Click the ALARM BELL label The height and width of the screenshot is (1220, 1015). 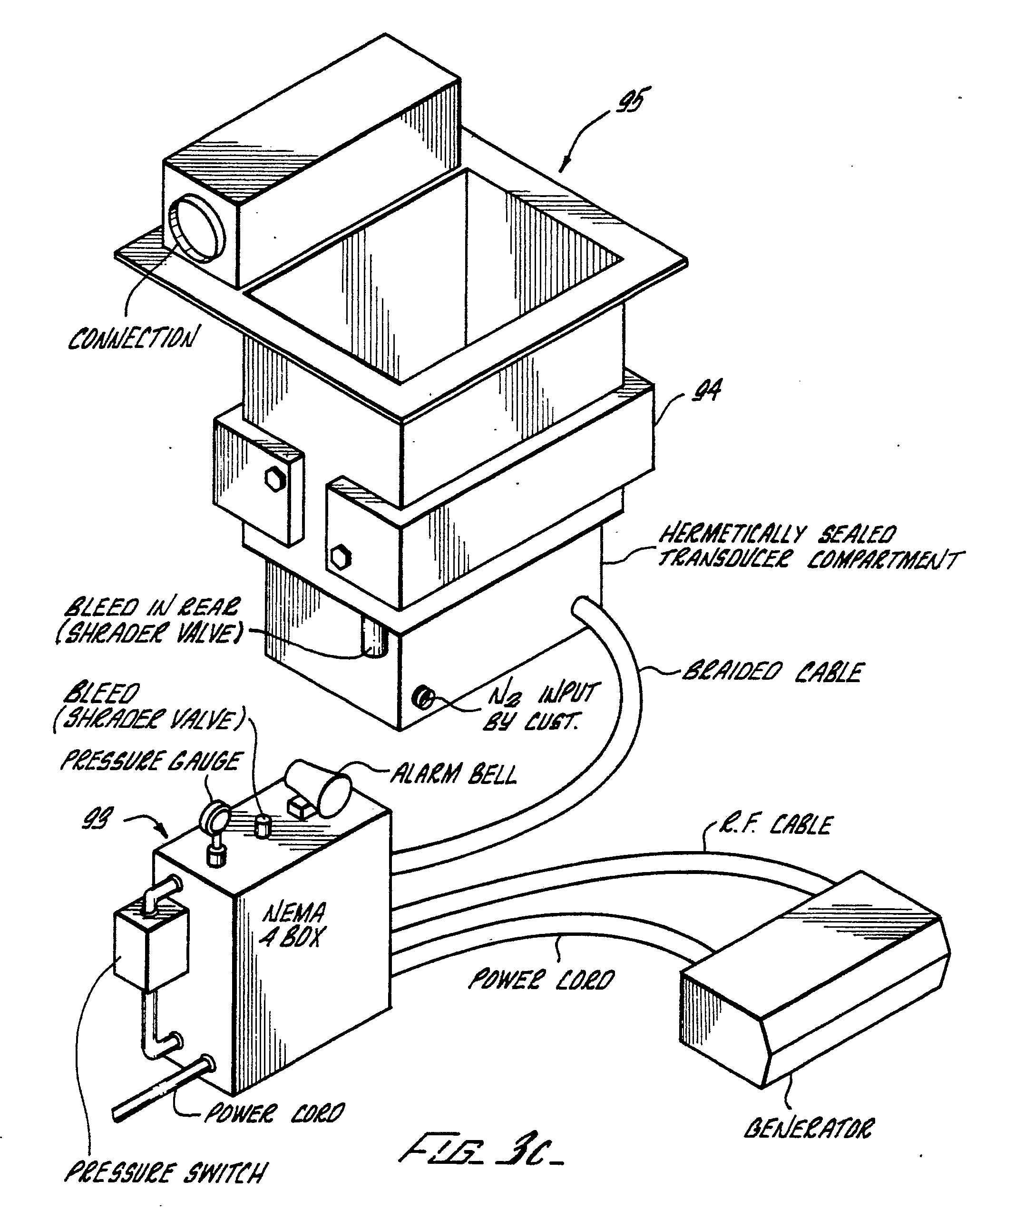452,773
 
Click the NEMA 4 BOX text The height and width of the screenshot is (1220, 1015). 294,924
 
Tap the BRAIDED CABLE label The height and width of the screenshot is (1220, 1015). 773,673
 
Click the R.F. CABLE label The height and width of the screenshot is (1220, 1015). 776,825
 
